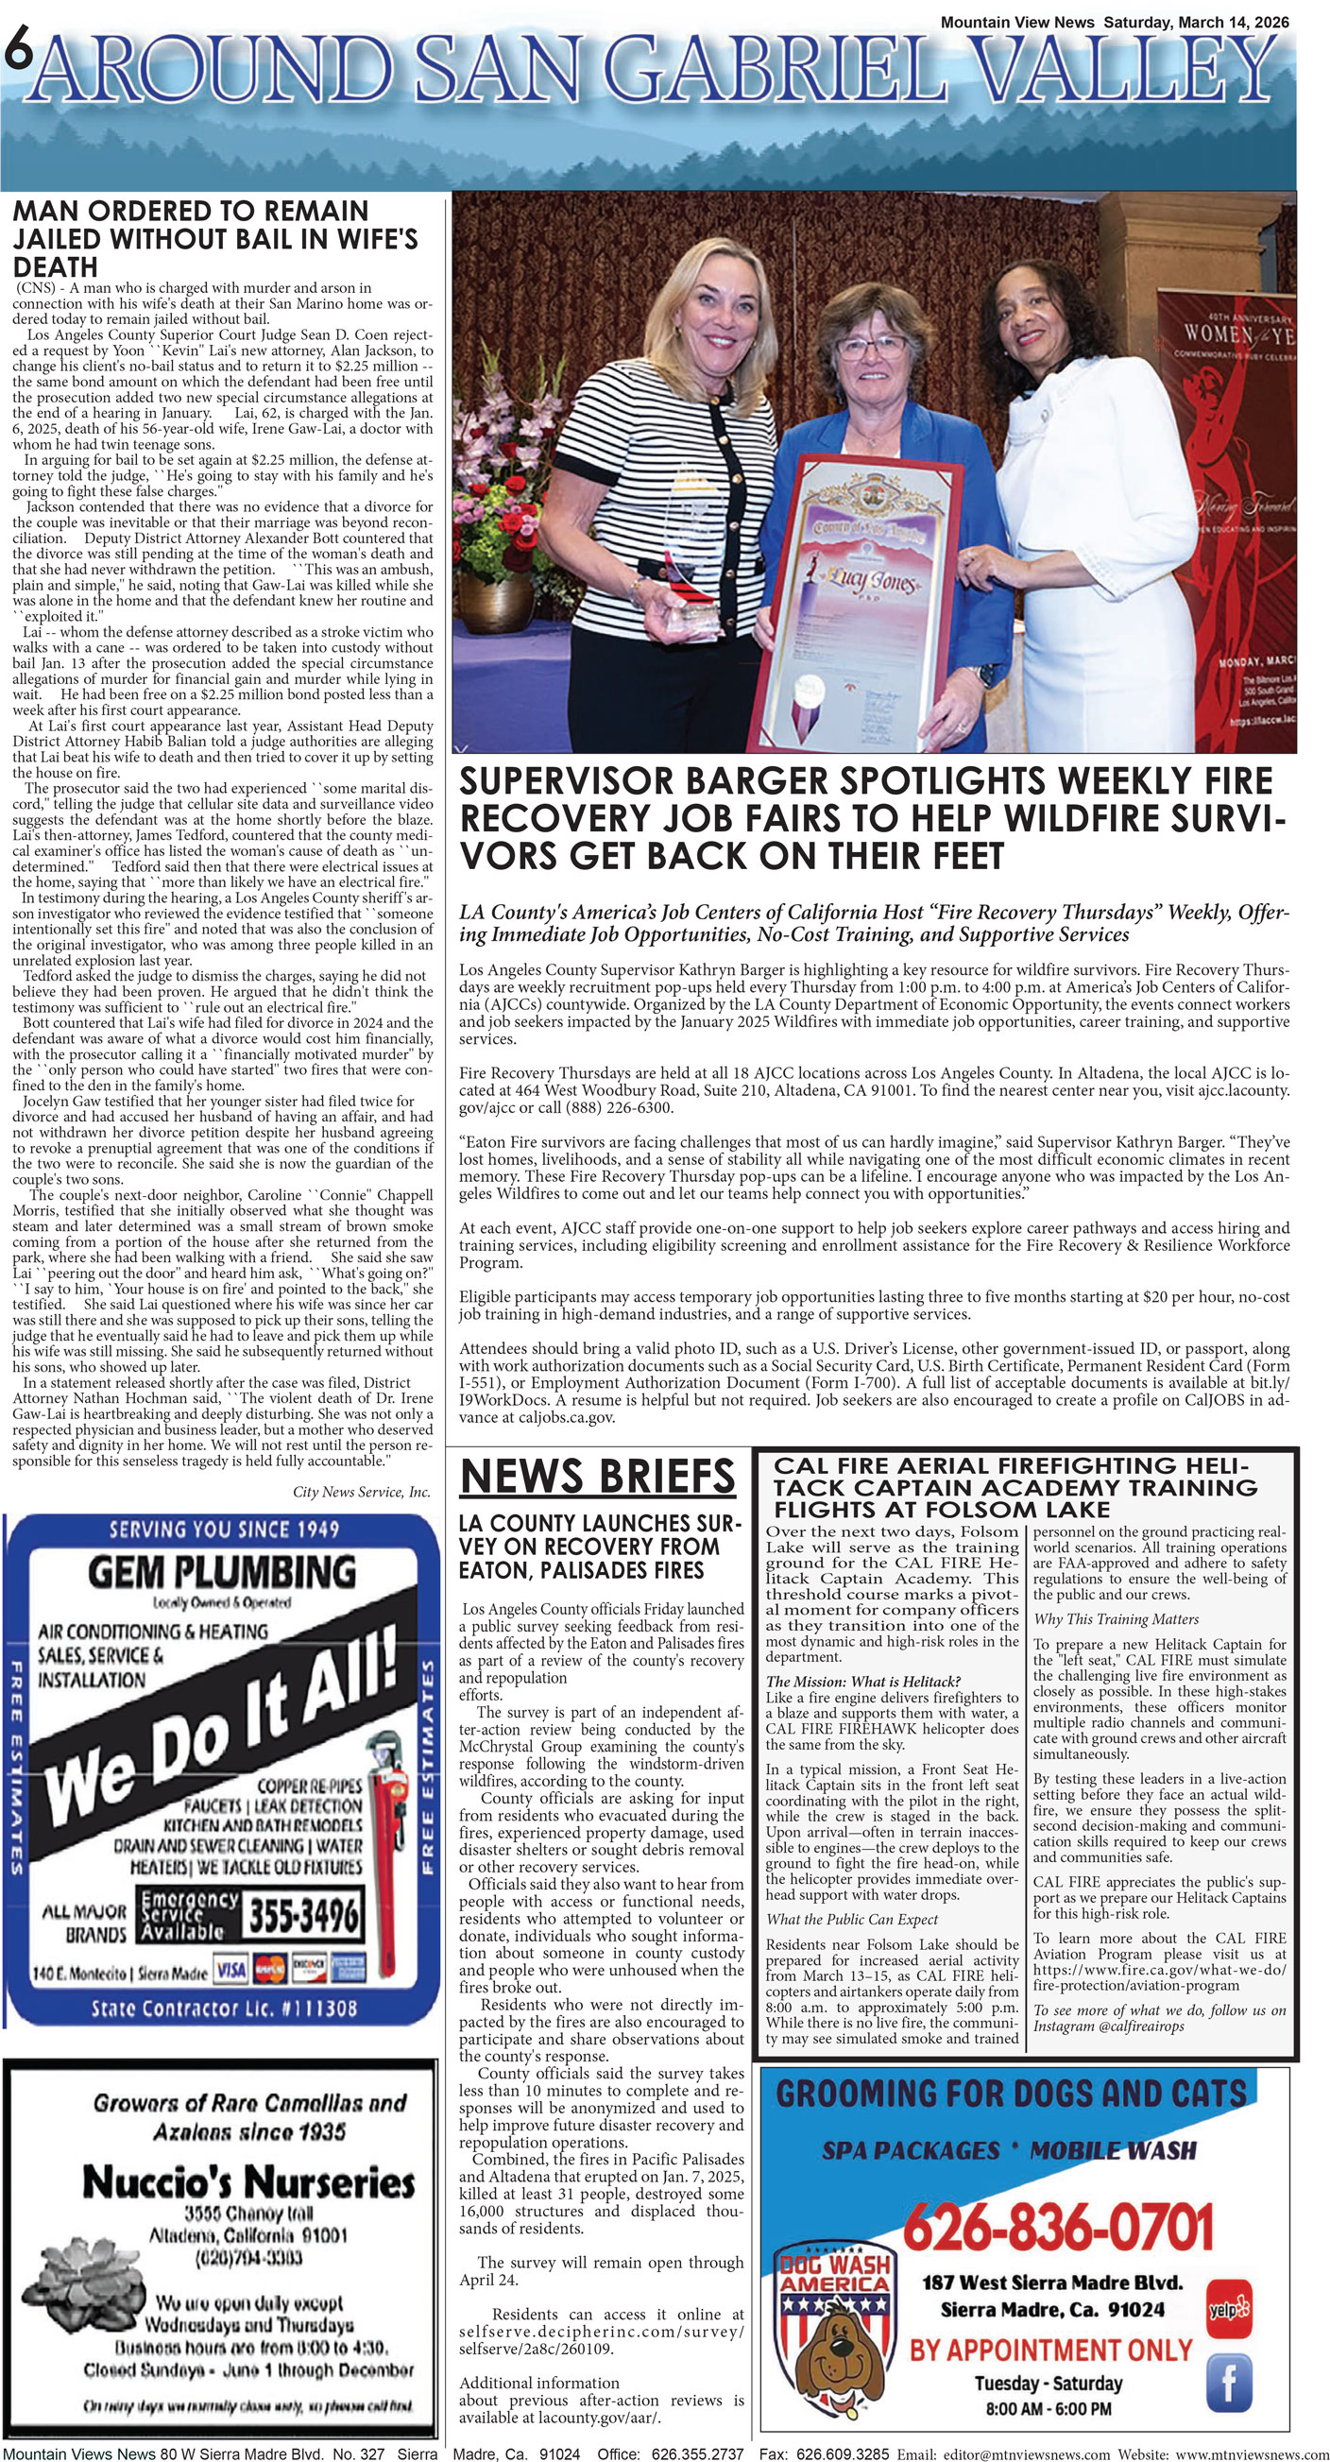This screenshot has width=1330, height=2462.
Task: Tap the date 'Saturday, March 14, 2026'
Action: tap(1195, 22)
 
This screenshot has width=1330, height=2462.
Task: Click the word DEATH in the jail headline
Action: tap(56, 266)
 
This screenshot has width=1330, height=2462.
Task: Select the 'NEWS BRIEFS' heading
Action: tap(597, 1477)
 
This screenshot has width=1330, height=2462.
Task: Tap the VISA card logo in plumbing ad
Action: tap(231, 1970)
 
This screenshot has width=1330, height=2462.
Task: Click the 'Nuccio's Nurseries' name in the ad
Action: tap(248, 2182)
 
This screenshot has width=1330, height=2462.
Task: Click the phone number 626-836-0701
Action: tap(1058, 2227)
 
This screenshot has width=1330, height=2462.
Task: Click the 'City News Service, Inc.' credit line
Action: tap(361, 1492)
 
